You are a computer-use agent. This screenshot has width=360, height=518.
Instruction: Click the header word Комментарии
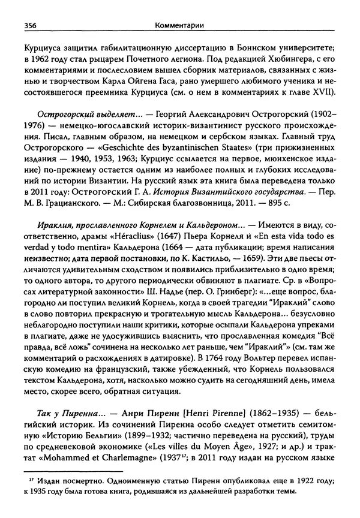coord(179,25)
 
